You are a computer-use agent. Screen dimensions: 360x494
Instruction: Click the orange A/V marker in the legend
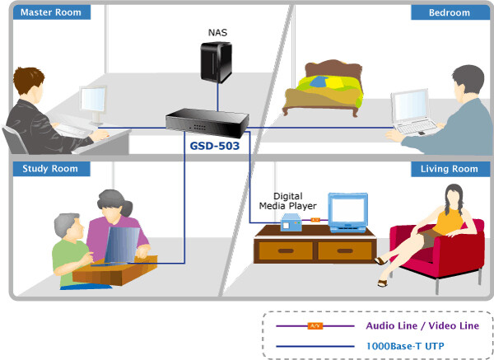click(x=314, y=326)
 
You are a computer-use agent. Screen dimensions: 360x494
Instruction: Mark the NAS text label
click(x=217, y=33)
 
